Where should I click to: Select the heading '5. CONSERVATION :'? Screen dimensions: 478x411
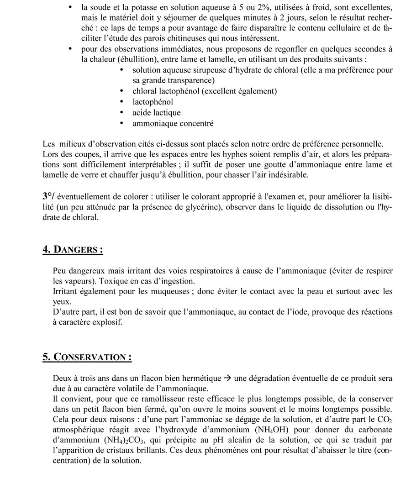[x=87, y=357]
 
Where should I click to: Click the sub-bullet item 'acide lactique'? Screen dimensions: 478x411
[x=156, y=113]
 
